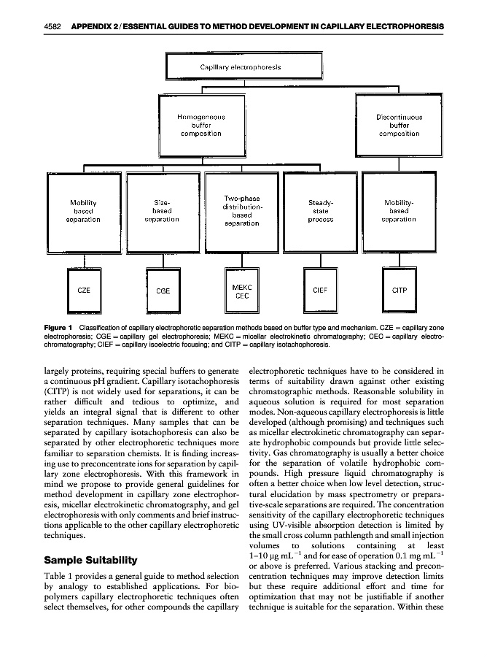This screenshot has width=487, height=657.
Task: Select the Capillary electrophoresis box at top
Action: (241, 67)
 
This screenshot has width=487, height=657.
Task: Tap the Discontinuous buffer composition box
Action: (398, 126)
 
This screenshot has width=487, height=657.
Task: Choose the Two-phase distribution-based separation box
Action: (241, 210)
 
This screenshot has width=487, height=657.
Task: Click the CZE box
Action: (85, 290)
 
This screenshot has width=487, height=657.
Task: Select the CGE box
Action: (163, 291)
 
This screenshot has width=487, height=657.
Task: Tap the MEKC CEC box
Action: (241, 291)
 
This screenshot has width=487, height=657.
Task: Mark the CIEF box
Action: (320, 291)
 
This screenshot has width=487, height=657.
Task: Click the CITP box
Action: (400, 290)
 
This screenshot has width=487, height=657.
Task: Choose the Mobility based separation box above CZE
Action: (85, 210)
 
